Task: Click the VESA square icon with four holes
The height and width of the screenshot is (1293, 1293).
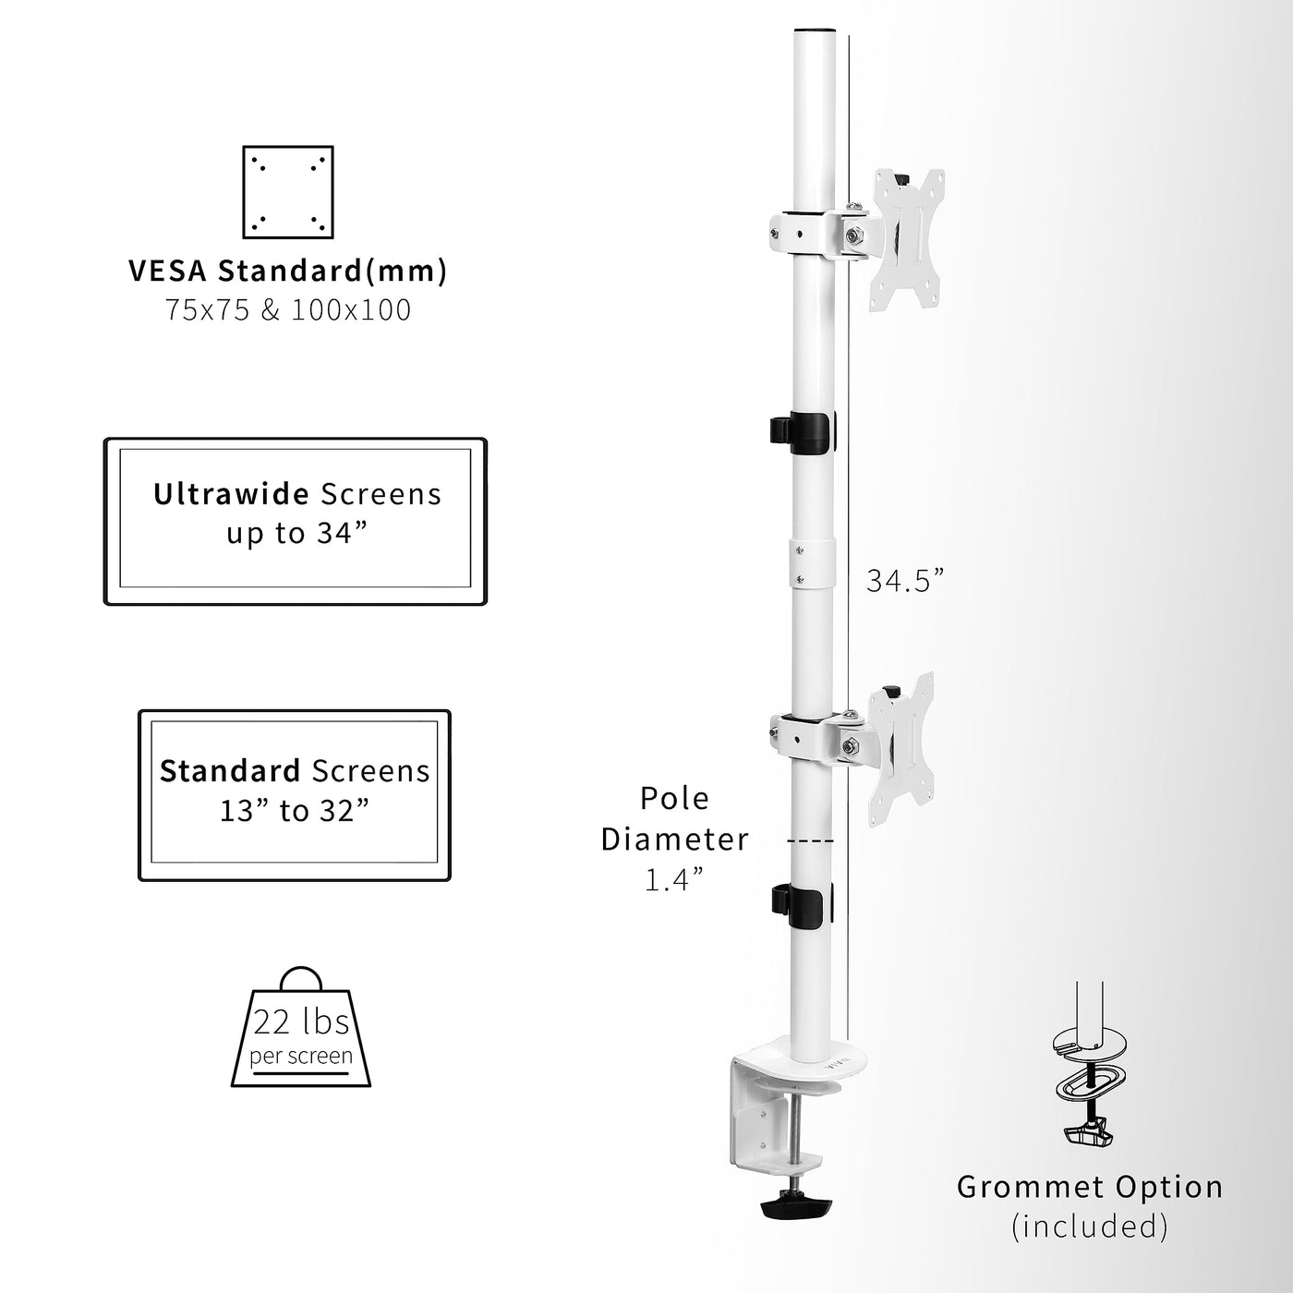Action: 287,192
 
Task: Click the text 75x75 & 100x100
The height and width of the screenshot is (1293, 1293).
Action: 288,309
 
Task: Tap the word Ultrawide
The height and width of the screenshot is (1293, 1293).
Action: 231,494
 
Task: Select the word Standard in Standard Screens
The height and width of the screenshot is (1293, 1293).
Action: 230,771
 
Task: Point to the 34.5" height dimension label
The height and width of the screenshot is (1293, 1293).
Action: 905,581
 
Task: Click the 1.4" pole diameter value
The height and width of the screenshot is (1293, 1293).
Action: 673,880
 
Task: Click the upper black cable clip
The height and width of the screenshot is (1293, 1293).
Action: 802,432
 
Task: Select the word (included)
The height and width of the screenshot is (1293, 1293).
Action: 1090,1227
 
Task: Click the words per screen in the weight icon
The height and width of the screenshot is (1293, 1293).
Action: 301,1056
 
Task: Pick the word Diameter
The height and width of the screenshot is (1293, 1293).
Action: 674,840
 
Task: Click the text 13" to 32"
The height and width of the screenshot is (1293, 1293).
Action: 295,811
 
